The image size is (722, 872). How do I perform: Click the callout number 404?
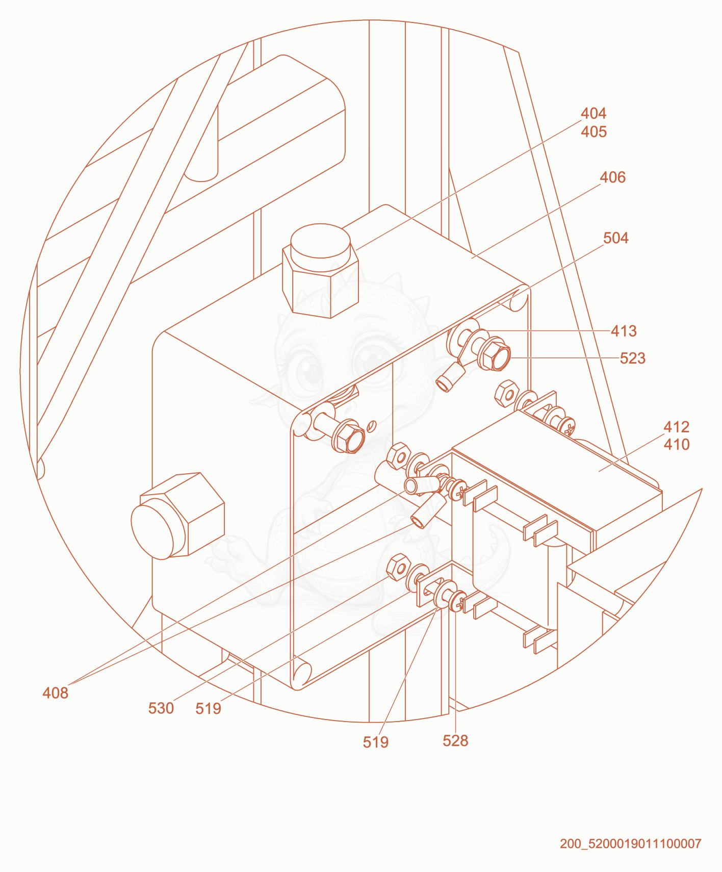[594, 113]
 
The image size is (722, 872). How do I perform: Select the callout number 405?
[594, 132]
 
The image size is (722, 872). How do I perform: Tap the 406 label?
[612, 177]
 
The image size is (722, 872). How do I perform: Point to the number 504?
[616, 238]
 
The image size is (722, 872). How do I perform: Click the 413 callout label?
[624, 331]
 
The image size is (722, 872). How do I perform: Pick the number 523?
[633, 358]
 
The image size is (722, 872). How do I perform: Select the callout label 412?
[676, 426]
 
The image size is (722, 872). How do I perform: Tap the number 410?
[676, 444]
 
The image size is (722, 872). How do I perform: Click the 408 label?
[55, 693]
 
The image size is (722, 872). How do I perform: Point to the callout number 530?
[161, 708]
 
